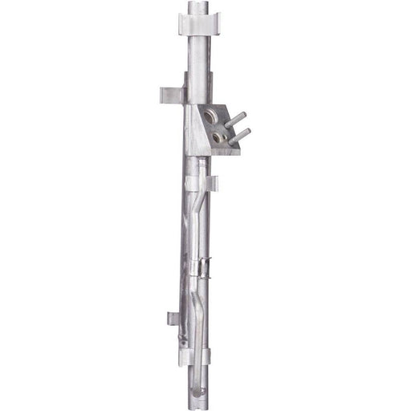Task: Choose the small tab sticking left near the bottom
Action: [174, 319]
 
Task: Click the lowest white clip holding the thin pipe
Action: [195, 356]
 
